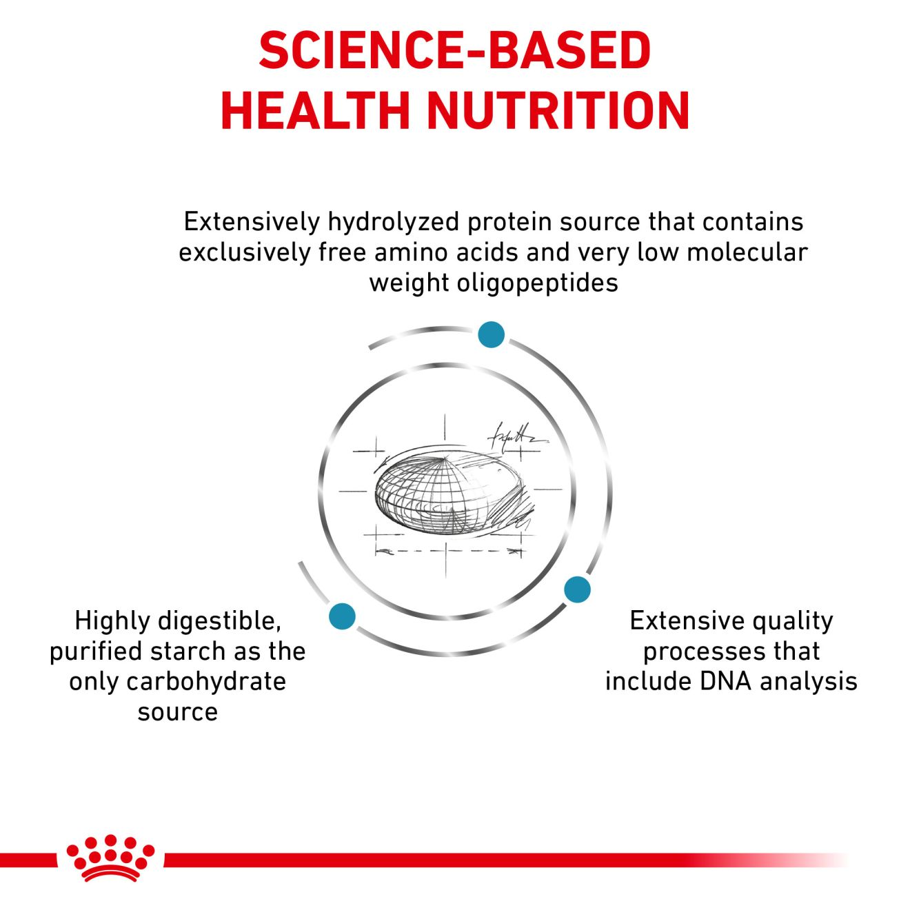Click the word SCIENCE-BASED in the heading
point(455,50)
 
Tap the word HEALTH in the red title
point(314,110)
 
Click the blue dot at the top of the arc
point(491,334)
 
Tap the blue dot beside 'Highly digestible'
point(342,616)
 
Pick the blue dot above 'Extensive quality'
point(578,589)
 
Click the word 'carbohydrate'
point(206,682)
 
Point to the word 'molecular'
point(747,252)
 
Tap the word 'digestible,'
point(220,621)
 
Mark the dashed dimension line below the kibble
point(449,551)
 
